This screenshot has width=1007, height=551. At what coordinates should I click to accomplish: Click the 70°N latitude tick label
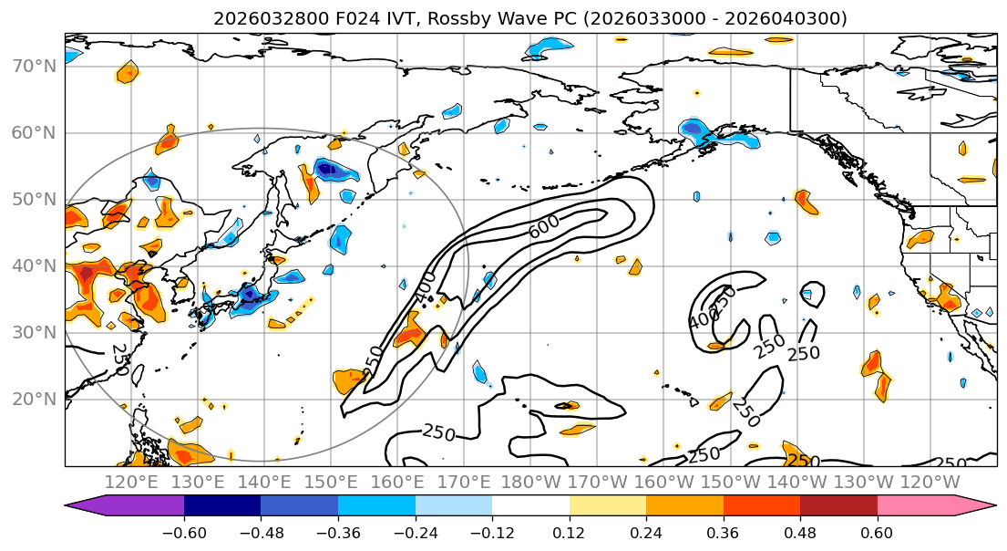click(x=35, y=67)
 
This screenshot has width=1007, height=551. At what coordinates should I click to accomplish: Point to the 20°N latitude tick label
click(x=35, y=400)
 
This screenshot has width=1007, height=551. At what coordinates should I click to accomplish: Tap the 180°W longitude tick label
click(x=531, y=483)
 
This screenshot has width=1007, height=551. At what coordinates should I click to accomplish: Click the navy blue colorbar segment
click(x=222, y=505)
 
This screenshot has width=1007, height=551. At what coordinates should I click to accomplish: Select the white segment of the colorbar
click(x=530, y=505)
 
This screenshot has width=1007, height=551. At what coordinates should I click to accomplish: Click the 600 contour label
click(x=545, y=230)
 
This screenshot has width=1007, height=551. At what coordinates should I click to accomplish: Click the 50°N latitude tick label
click(x=35, y=200)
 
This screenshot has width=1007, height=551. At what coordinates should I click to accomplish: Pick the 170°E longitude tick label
click(x=465, y=483)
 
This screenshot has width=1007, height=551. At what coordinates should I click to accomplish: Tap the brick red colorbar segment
click(x=838, y=505)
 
